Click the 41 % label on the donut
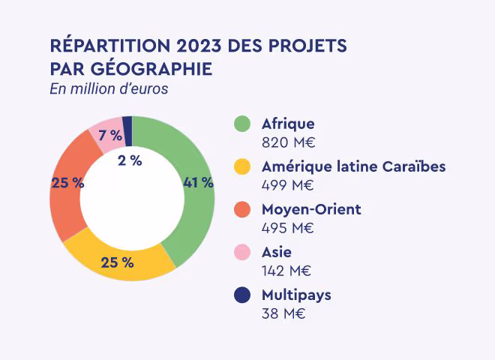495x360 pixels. [x=198, y=182]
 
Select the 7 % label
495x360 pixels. [x=110, y=136]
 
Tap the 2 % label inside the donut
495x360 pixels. [x=130, y=160]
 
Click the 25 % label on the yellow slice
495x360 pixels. [x=117, y=262]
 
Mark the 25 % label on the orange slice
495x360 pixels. [x=67, y=182]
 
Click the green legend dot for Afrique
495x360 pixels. [x=241, y=124]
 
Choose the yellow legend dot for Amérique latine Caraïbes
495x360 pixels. [x=241, y=166]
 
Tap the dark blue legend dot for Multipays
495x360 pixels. [x=241, y=295]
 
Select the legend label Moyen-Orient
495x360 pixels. [x=311, y=209]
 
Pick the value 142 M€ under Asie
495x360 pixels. [x=286, y=271]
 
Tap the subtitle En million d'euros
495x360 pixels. [x=109, y=89]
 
